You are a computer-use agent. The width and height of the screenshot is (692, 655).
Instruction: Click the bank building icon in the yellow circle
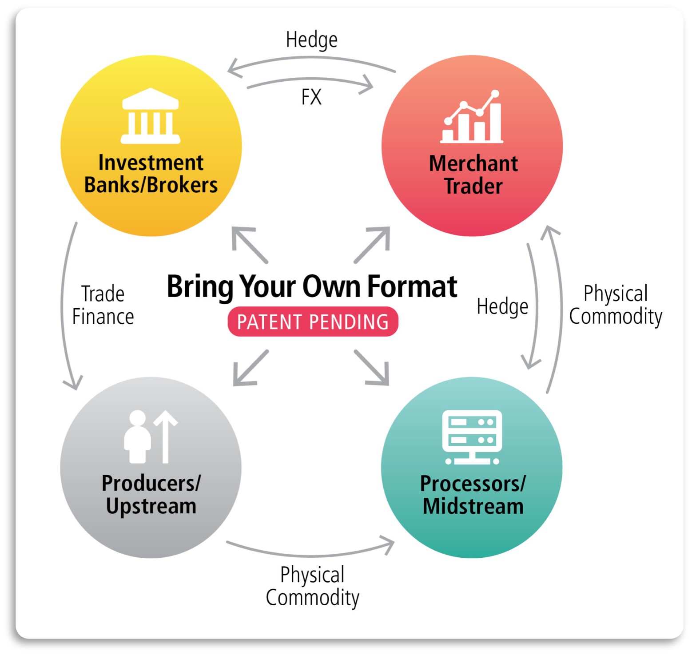151,116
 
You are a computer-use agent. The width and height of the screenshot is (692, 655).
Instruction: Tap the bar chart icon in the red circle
472,117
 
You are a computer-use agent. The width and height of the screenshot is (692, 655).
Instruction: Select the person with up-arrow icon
150,437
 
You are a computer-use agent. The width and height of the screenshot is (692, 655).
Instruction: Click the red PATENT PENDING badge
313,322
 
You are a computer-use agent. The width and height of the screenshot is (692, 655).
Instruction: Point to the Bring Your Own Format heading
312,286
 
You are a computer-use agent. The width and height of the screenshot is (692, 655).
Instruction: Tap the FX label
311,97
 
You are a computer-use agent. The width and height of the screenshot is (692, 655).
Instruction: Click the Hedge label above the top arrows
311,40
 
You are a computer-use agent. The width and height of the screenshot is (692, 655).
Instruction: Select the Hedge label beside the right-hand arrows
502,306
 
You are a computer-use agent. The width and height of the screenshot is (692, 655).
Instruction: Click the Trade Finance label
103,306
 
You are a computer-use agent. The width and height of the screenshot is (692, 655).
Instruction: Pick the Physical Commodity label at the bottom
312,586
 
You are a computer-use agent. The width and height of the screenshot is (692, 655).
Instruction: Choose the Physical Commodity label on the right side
616,305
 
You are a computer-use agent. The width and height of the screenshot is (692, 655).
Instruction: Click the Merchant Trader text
473,175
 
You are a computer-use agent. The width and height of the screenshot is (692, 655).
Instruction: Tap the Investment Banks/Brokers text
151,174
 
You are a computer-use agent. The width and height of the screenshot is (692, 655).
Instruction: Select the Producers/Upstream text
151,495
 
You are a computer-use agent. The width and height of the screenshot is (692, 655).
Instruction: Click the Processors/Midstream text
473,495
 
